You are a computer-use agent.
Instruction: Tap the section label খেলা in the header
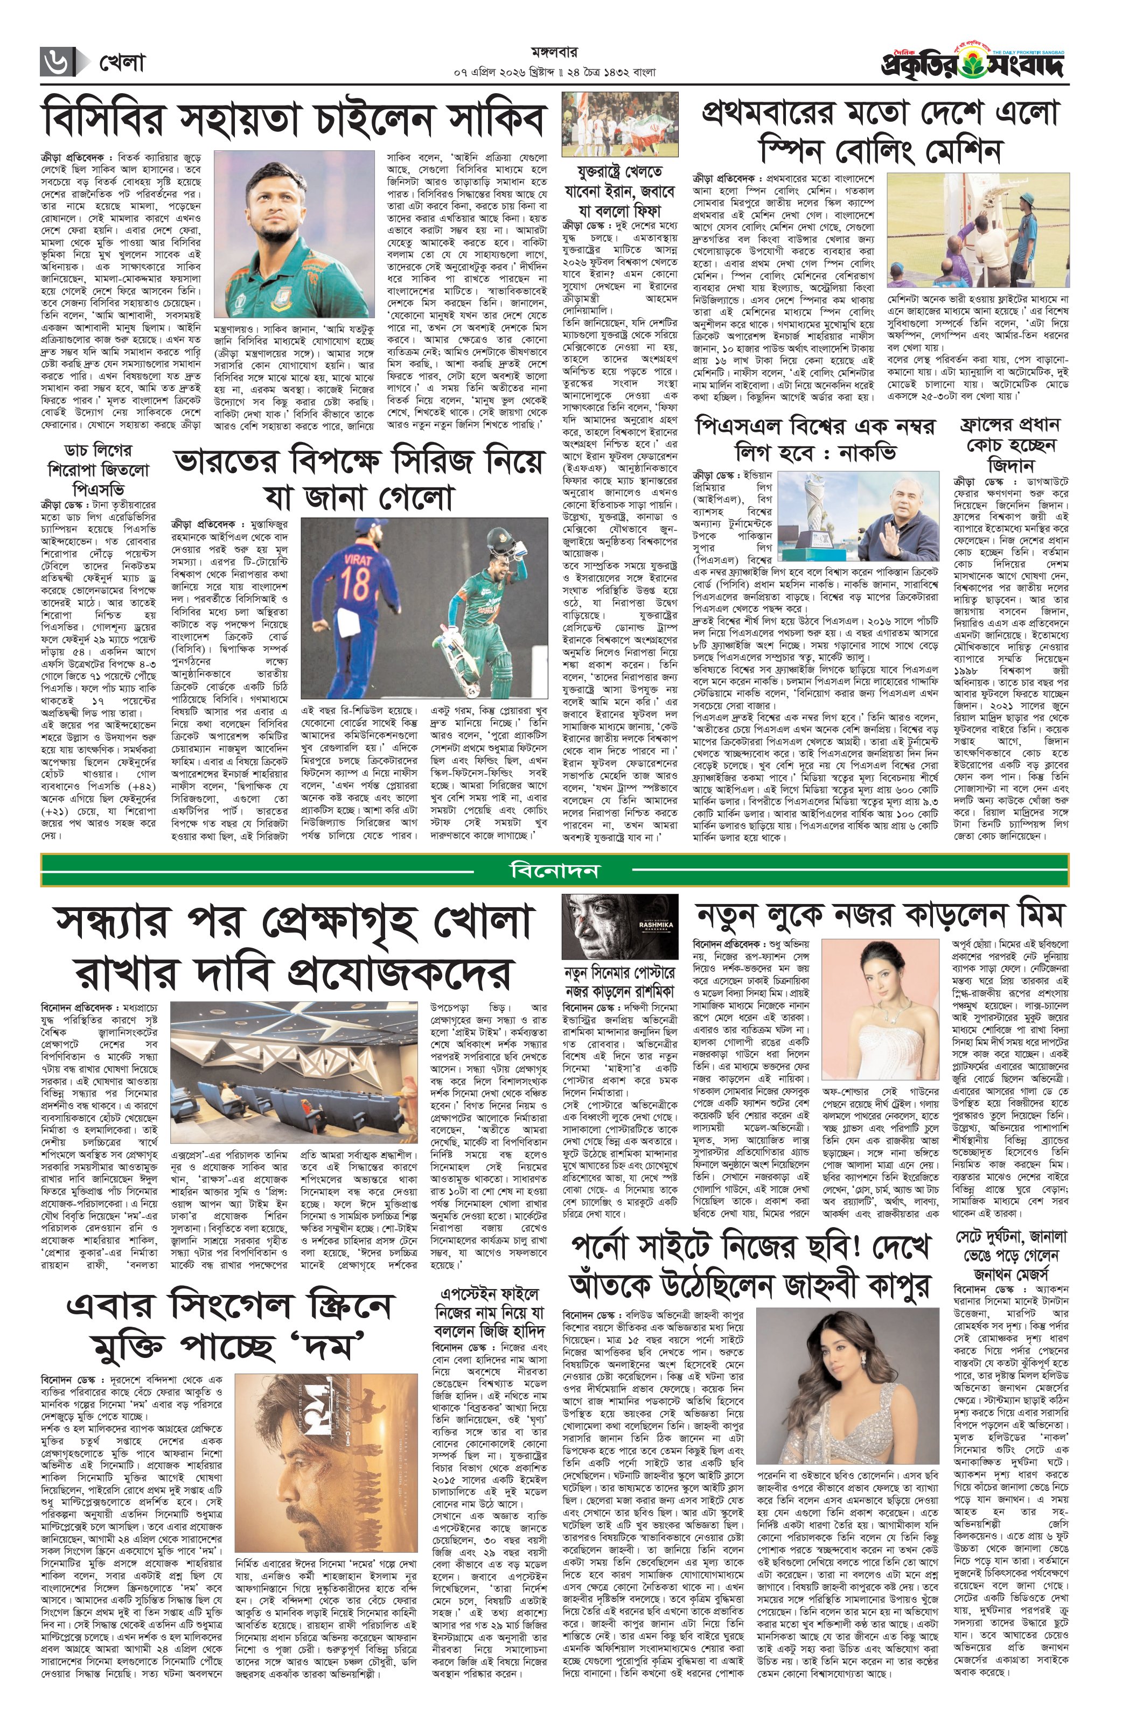click(122, 63)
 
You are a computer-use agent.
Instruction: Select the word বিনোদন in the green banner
click(554, 870)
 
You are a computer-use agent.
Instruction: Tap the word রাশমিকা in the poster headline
click(643, 990)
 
